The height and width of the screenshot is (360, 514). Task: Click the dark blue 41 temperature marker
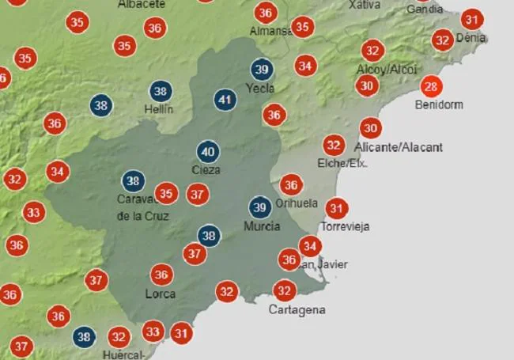tap(225, 100)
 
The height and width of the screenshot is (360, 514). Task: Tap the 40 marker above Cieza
tap(208, 152)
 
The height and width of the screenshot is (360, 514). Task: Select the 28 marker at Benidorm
tap(431, 87)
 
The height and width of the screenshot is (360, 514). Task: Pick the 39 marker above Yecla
tap(261, 70)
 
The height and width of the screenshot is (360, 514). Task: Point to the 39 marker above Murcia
tap(259, 207)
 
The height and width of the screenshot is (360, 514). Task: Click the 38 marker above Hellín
tap(161, 91)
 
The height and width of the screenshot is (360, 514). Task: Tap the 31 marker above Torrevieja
tap(337, 209)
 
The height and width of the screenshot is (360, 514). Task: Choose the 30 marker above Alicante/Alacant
tap(370, 128)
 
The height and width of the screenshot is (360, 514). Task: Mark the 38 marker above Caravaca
tap(133, 181)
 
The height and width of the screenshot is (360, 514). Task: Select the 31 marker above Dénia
tap(471, 20)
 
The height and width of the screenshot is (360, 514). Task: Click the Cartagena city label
tap(297, 310)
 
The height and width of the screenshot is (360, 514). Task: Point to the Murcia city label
tap(262, 226)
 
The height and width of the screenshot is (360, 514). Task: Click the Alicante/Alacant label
tap(399, 147)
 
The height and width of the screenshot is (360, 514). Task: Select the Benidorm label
tap(440, 104)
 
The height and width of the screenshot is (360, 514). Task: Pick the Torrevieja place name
tap(348, 226)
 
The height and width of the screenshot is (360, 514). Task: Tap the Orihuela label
tap(297, 203)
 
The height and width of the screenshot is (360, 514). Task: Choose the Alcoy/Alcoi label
tap(386, 69)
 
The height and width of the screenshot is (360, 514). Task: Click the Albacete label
tap(142, 4)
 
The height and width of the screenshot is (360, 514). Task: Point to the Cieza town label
tap(206, 169)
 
